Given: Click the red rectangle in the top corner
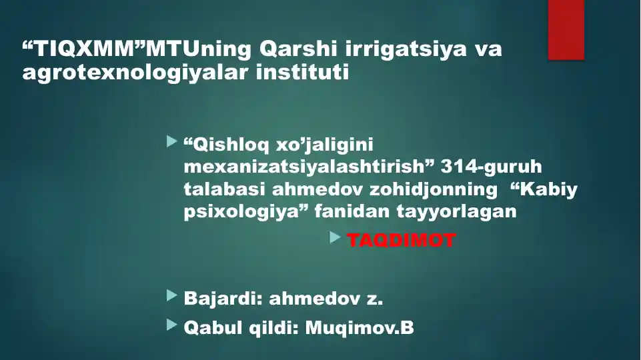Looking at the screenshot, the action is pos(566,30).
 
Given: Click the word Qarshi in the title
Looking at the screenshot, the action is pos(298,49).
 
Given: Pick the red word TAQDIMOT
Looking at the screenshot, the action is pos(402,240).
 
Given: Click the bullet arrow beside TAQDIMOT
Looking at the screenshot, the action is pos(336,237).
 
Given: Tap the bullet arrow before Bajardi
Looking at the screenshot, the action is pos(172,295).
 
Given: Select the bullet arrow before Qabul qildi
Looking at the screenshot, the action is pos(172,325).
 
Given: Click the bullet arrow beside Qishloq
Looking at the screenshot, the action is pos(172,142).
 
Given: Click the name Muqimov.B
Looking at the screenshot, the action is pos(360,328).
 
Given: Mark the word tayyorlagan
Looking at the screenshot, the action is pos(456,212).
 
